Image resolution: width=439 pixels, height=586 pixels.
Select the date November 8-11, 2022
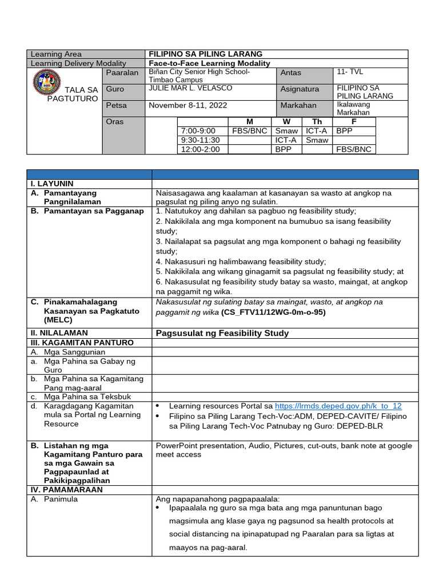(185, 105)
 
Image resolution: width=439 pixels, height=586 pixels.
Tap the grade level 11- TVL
(350, 72)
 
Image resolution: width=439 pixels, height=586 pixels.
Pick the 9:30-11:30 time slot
(199, 140)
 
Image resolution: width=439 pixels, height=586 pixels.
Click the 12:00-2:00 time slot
(200, 149)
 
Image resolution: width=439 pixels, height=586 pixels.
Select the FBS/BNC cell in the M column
(249, 130)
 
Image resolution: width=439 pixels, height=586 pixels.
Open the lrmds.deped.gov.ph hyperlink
(338, 406)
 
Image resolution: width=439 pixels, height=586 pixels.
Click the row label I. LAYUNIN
(52, 184)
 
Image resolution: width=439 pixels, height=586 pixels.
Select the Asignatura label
(300, 89)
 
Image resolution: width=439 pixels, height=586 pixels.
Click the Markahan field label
(298, 105)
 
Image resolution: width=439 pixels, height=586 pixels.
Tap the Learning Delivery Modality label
(78, 63)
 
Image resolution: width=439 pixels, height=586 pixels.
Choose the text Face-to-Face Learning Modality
(209, 63)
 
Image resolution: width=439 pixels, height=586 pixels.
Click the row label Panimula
(62, 499)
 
